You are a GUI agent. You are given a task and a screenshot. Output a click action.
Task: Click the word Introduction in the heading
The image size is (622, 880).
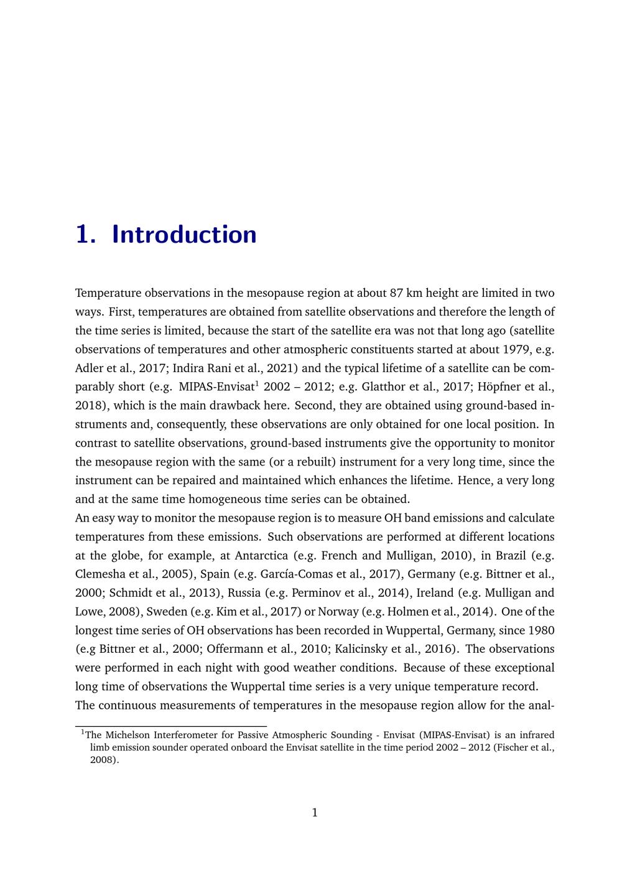click(x=184, y=235)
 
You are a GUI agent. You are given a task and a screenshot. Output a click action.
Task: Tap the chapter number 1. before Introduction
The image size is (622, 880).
click(x=85, y=235)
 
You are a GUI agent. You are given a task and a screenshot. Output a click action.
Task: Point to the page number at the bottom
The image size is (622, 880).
click(x=314, y=812)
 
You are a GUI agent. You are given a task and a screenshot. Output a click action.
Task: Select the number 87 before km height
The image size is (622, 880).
click(x=397, y=293)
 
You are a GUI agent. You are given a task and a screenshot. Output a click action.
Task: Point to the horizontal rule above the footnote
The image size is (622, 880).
click(x=171, y=726)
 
